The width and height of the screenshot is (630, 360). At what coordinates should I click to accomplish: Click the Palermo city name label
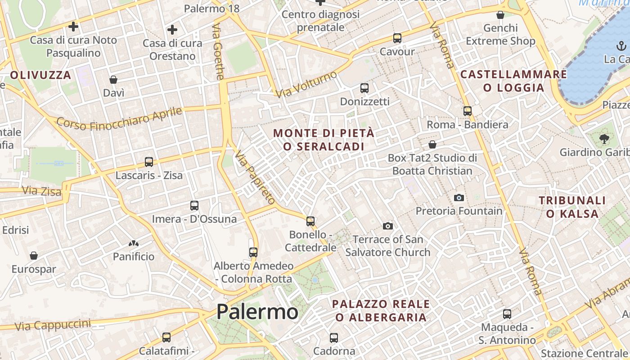coord(257,312)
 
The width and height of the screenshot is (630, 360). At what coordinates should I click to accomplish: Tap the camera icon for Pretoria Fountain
coord(459,198)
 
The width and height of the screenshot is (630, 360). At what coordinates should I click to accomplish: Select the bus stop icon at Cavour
coord(397,38)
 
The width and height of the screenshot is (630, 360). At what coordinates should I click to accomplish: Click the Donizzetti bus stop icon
coord(364,88)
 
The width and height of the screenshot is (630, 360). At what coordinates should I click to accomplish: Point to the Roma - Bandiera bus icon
coord(468,111)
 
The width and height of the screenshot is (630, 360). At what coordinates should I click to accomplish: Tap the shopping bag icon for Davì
coord(113,80)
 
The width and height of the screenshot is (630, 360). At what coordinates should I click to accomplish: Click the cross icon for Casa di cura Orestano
coord(172,30)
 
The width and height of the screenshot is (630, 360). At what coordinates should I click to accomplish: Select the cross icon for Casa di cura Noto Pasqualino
coord(73,27)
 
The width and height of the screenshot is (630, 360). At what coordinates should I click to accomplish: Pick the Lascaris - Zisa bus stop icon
coord(149,162)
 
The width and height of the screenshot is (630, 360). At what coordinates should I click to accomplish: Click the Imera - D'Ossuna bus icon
coord(194,206)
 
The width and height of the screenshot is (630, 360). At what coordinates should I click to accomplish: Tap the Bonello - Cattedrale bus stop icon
coord(310,221)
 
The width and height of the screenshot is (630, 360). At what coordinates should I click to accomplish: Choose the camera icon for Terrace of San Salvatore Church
coord(387,225)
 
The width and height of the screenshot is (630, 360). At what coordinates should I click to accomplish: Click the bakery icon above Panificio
coord(133,243)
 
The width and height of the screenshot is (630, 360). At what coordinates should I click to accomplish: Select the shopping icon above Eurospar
coord(34,256)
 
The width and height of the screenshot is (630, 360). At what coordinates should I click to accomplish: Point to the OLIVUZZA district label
coord(41,75)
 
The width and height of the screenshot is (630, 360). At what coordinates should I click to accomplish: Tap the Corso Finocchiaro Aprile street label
coord(119,118)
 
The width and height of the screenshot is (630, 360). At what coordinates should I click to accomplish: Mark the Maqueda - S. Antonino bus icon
coord(507,314)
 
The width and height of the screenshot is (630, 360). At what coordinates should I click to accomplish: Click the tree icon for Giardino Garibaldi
coord(603,139)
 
